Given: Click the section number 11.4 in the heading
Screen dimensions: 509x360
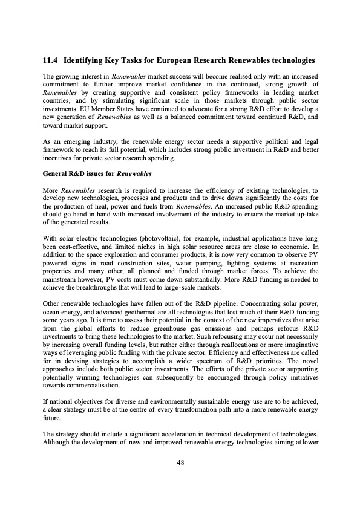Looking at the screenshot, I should [50, 60].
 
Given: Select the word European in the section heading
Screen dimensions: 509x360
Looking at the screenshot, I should [176, 60].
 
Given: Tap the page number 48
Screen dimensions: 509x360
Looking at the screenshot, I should [180, 462].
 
